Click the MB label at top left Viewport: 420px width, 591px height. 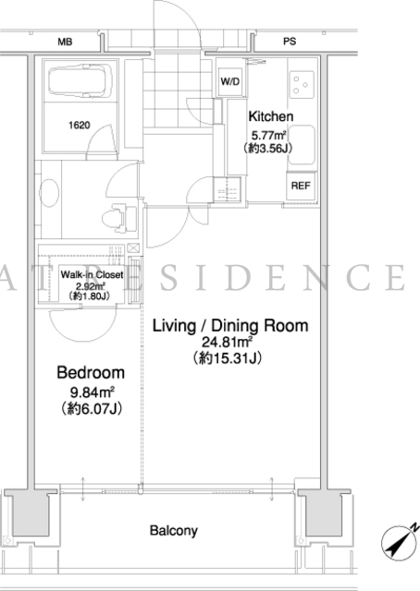pyautogui.click(x=65, y=42)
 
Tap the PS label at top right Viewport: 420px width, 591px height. pyautogui.click(x=290, y=42)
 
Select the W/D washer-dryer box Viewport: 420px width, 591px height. pyautogui.click(x=230, y=82)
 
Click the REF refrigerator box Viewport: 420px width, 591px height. pyautogui.click(x=301, y=186)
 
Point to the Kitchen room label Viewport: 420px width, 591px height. pyautogui.click(x=270, y=116)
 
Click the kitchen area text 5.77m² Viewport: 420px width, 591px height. pyautogui.click(x=268, y=135)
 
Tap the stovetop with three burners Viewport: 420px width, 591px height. pyautogui.click(x=303, y=84)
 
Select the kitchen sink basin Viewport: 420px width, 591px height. pyautogui.click(x=302, y=145)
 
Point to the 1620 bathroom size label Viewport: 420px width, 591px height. pyautogui.click(x=80, y=125)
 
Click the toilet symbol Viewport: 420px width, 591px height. pyautogui.click(x=118, y=218)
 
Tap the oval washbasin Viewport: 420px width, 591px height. pyautogui.click(x=49, y=192)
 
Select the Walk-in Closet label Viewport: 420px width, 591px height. pyautogui.click(x=92, y=274)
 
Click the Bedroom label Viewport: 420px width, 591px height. pyautogui.click(x=91, y=372)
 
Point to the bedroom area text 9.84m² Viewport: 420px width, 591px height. pyautogui.click(x=92, y=392)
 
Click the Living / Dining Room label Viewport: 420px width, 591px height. pyautogui.click(x=230, y=326)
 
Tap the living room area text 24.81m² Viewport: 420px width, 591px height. pyautogui.click(x=227, y=342)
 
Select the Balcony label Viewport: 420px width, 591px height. pyautogui.click(x=174, y=531)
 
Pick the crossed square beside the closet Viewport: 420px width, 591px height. pyautogui.click(x=134, y=248)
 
